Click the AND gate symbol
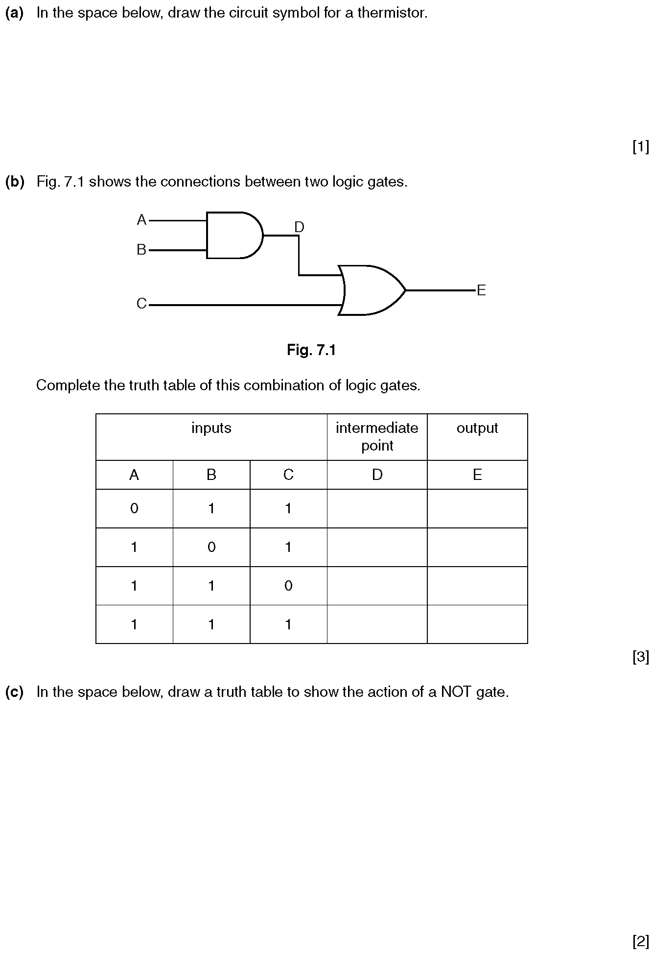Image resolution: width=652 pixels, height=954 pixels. pyautogui.click(x=234, y=235)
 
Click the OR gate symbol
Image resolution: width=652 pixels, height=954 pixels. pyautogui.click(x=372, y=290)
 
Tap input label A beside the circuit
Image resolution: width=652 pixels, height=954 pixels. pyautogui.click(x=141, y=220)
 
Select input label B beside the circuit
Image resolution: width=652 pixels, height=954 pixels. pyautogui.click(x=141, y=250)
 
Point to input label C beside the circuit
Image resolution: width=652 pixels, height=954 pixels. pyautogui.click(x=141, y=304)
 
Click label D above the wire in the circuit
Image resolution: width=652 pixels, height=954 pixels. pyautogui.click(x=299, y=227)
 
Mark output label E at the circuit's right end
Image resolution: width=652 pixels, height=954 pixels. pyautogui.click(x=481, y=290)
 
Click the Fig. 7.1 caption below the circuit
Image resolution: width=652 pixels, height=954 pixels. pyautogui.click(x=311, y=350)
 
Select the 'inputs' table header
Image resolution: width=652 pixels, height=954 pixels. pyautogui.click(x=211, y=428)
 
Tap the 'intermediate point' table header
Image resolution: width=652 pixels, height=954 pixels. pyautogui.click(x=377, y=437)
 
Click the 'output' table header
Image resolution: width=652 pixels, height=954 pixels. pyautogui.click(x=477, y=428)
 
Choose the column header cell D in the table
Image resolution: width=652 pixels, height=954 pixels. pyautogui.click(x=377, y=475)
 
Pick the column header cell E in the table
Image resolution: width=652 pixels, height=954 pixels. pyautogui.click(x=477, y=475)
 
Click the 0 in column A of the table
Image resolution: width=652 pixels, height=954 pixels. pyautogui.click(x=134, y=508)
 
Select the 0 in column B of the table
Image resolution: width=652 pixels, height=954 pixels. pyautogui.click(x=211, y=547)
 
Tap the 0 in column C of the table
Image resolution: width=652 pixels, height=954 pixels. pyautogui.click(x=288, y=586)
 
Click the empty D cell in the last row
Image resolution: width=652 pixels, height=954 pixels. pyautogui.click(x=377, y=624)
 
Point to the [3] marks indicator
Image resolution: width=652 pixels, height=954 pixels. pyautogui.click(x=641, y=657)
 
